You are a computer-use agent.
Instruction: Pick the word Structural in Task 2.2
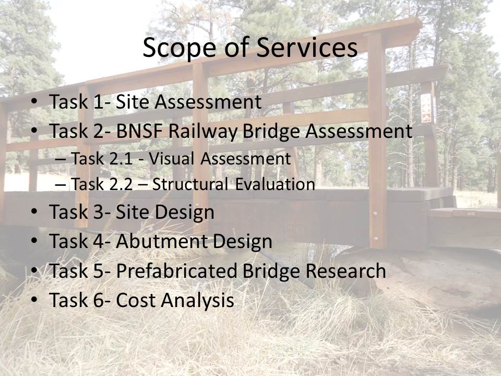[190, 184]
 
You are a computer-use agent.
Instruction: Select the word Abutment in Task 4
[161, 241]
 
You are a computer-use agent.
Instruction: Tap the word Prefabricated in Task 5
[176, 271]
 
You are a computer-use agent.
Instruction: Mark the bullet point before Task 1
[34, 102]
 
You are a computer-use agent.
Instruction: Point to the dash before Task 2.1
[60, 159]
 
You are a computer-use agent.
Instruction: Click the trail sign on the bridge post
[426, 108]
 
